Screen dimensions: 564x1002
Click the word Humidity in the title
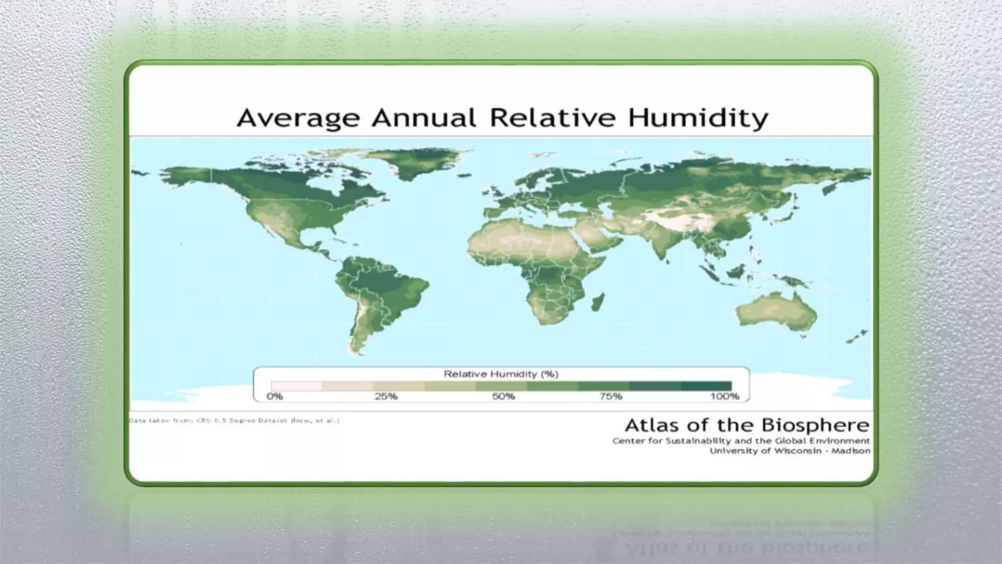tap(698, 118)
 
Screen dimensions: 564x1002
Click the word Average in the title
tap(298, 118)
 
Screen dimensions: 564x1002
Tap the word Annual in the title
tap(424, 118)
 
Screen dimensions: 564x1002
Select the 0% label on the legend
tap(275, 396)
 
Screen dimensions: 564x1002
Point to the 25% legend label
tap(386, 396)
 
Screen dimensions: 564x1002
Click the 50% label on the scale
tap(503, 396)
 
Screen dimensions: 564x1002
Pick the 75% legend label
tap(611, 396)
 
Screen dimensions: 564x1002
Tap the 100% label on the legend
tap(725, 396)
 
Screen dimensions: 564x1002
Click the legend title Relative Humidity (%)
tap(501, 374)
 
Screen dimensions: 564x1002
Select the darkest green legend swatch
tap(706, 386)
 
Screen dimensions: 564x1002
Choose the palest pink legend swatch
tap(296, 386)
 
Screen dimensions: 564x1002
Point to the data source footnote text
tap(234, 421)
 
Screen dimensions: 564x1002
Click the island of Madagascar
tap(597, 302)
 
